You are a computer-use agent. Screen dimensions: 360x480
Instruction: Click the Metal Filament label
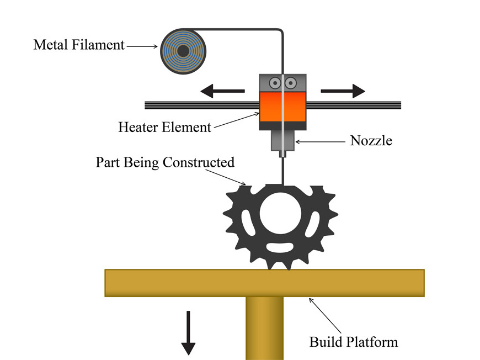[79, 45]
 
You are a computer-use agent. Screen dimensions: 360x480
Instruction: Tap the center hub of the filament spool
[183, 51]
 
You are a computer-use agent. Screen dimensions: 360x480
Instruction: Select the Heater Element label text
[164, 127]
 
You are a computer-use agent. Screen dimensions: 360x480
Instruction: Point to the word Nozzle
[371, 141]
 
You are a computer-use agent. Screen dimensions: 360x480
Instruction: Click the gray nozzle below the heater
[282, 142]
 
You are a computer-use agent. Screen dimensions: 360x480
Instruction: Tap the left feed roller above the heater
[274, 82]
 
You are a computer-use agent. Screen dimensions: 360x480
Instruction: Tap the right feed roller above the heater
[291, 82]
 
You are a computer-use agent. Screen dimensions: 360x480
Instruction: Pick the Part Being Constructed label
[165, 163]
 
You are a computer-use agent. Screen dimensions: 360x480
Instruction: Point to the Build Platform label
[353, 342]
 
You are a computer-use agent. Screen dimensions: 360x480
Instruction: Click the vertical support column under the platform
[264, 328]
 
